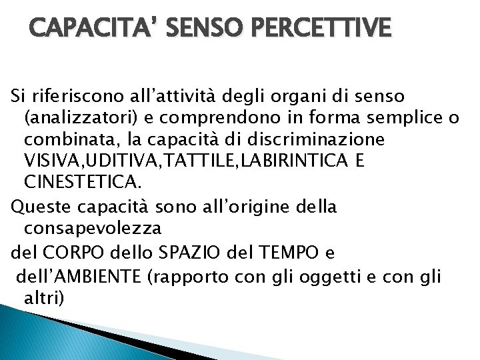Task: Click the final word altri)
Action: coord(45,297)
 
